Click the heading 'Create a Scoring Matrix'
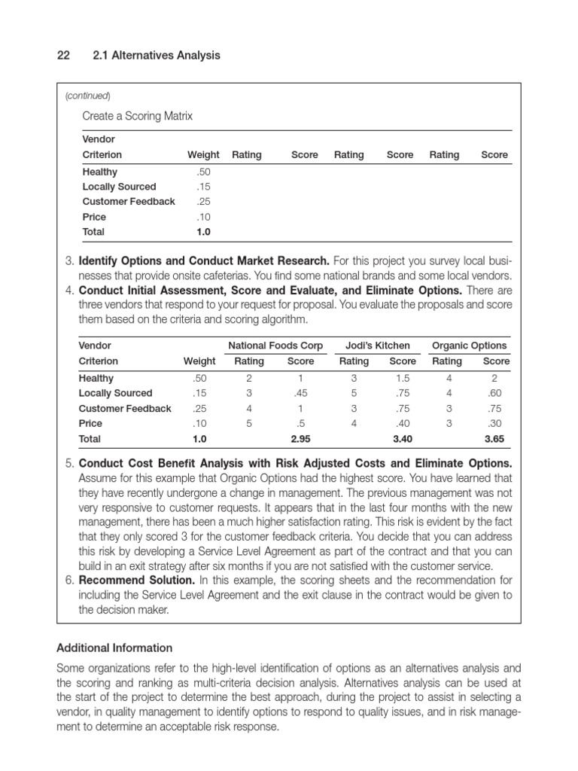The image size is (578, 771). click(x=137, y=116)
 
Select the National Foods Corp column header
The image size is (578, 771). click(x=275, y=346)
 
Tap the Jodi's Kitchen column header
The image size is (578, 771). click(x=377, y=346)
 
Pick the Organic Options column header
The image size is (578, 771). click(x=469, y=346)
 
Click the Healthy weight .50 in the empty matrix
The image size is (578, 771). click(x=203, y=172)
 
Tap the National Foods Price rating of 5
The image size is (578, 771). click(x=249, y=424)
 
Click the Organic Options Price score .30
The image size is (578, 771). click(x=494, y=424)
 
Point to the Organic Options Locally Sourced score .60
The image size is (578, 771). click(x=494, y=394)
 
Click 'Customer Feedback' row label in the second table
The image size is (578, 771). click(x=125, y=409)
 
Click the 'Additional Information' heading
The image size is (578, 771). click(x=114, y=648)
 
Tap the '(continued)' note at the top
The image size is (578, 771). click(x=88, y=96)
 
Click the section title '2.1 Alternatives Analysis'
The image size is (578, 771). click(x=156, y=56)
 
